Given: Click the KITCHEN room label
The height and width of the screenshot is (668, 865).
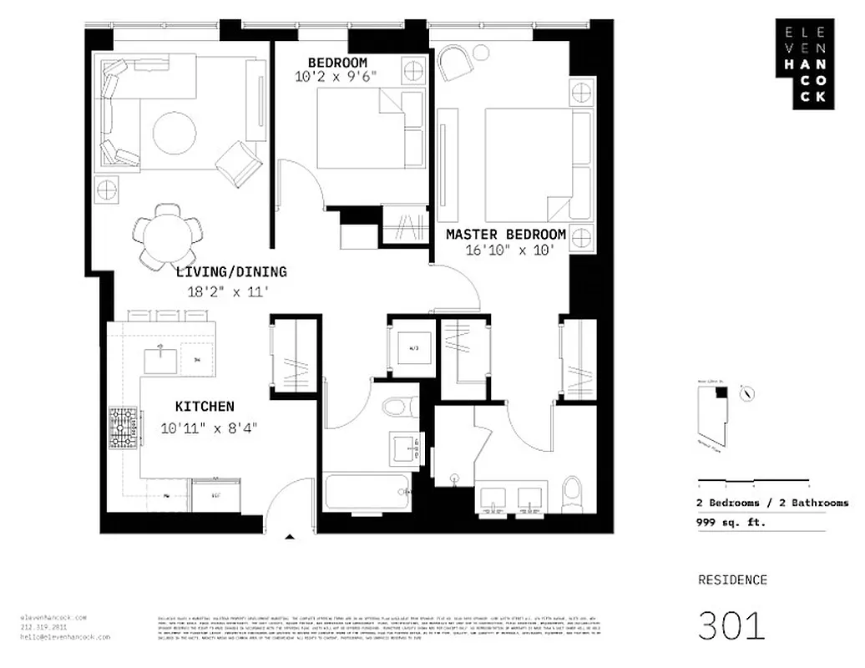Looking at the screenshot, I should (x=205, y=407).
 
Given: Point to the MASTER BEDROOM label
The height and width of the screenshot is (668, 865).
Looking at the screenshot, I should (x=506, y=235).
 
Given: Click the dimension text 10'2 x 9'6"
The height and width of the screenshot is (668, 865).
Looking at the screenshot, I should (x=336, y=76).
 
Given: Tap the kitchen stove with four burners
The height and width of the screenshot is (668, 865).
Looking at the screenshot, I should (x=124, y=428).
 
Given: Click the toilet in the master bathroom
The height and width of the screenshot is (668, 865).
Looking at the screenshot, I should (x=573, y=493).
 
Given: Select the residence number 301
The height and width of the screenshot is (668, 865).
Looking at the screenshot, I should (x=731, y=625).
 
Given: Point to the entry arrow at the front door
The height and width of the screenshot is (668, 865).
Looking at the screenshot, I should (x=289, y=539).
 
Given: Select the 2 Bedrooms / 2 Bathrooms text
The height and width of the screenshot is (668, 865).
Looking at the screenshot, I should (x=772, y=503).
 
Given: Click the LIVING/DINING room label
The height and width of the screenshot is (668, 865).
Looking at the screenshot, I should (x=231, y=271).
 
